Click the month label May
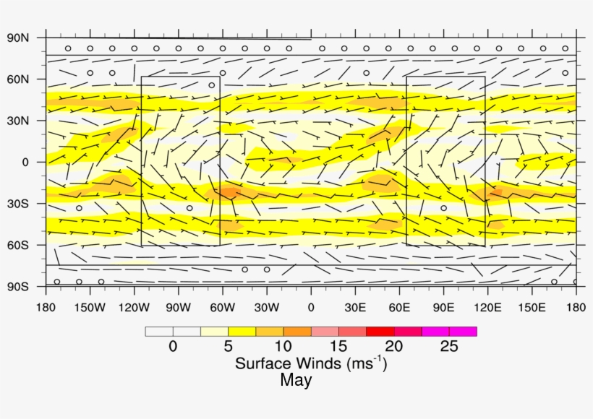tap(296, 380)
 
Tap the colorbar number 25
tap(449, 347)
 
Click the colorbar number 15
tap(338, 347)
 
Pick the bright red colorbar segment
tap(380, 332)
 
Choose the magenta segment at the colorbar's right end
tap(463, 332)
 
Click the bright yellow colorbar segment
tap(242, 332)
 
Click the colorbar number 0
tap(172, 347)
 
